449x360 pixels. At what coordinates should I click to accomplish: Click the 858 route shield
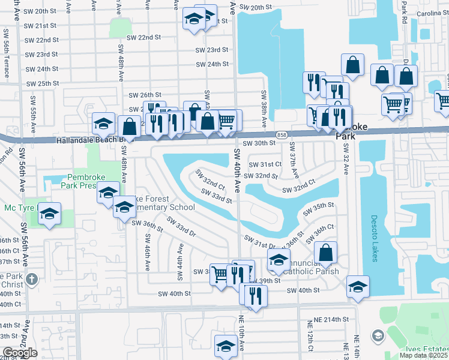point(282,134)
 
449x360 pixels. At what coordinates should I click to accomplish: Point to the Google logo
point(20,353)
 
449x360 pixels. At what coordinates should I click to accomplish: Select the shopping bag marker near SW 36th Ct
point(325,252)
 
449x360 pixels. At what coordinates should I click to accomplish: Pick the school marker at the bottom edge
point(226,346)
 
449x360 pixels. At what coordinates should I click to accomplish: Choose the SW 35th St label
point(318,209)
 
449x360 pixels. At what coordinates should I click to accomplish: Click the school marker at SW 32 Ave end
point(358,286)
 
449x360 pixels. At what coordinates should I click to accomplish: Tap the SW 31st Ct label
point(265,164)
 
